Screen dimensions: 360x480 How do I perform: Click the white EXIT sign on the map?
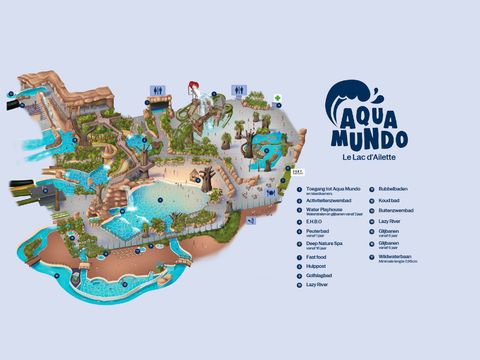click(297, 172)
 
